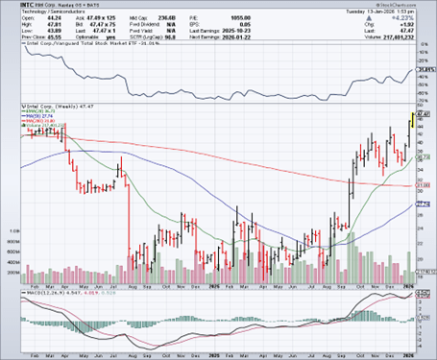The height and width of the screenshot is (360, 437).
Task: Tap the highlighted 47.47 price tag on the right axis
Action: click(x=421, y=112)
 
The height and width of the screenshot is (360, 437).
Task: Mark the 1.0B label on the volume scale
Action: click(x=12, y=230)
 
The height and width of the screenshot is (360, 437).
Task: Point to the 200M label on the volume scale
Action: click(x=12, y=273)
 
